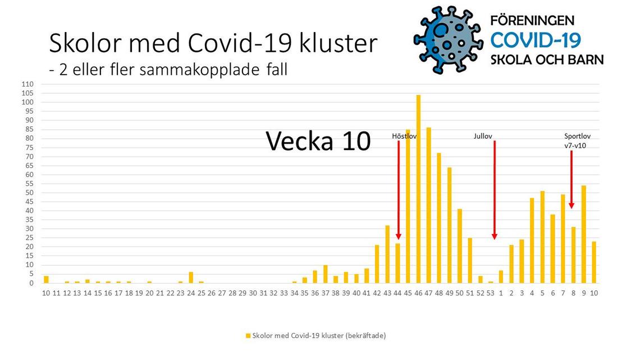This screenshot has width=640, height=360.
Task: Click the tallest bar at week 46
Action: [418, 189]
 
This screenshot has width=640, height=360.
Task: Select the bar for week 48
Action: [439, 218]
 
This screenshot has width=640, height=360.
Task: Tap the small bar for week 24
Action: [191, 277]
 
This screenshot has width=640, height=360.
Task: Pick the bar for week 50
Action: [460, 246]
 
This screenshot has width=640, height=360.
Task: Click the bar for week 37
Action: [325, 274]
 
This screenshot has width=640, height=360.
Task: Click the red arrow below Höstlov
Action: [399, 190]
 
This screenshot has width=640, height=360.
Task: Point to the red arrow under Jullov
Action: [494, 190]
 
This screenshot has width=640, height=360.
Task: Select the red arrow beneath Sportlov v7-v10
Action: [572, 180]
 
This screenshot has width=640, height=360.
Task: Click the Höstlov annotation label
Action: [404, 136]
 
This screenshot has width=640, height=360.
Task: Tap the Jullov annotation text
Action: [483, 136]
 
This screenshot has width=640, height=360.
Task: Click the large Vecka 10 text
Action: [318, 141]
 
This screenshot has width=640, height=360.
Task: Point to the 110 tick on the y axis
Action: [28, 84]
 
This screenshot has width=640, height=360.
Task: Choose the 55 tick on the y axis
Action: [29, 184]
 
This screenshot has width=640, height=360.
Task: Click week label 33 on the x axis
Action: [284, 293]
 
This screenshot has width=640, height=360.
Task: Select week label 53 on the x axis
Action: [491, 293]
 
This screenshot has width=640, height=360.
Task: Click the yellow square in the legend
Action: [248, 336]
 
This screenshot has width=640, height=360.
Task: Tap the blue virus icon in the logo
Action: [448, 39]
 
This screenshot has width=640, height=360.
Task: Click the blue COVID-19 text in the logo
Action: [536, 40]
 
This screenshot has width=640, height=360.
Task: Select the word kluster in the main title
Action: [339, 43]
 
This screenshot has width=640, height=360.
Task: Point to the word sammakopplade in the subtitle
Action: [200, 70]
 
